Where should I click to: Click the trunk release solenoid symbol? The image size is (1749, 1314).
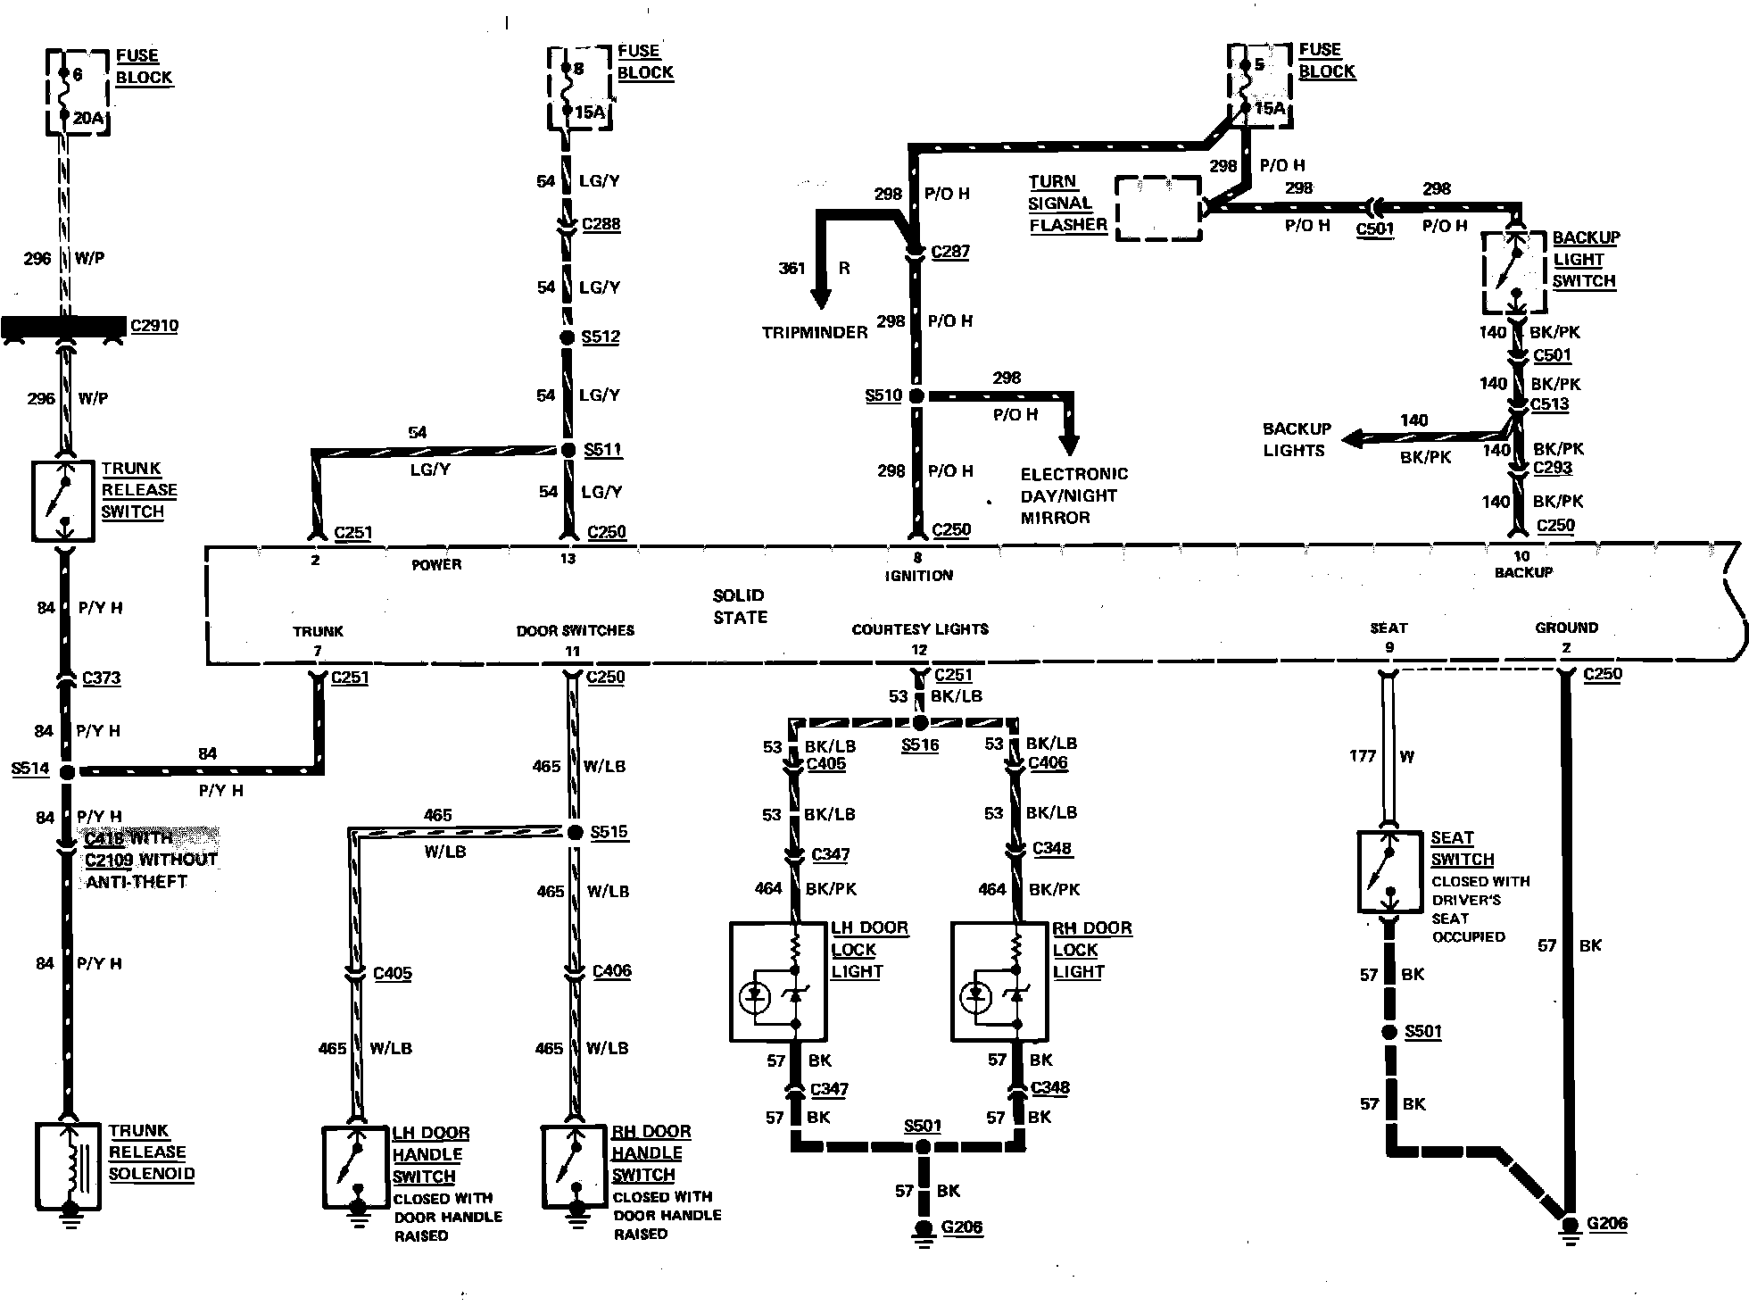click(67, 1166)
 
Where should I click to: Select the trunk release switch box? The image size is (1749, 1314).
click(62, 501)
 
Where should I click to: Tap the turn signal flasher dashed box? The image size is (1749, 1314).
click(1158, 208)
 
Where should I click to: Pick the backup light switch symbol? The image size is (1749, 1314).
click(1513, 273)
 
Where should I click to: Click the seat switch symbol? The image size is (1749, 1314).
click(1388, 872)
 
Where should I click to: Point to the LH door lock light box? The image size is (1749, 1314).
click(778, 982)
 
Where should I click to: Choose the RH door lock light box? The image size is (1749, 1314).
click(999, 982)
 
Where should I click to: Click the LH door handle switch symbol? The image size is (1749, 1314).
click(356, 1168)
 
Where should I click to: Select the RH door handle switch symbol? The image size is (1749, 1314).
click(576, 1167)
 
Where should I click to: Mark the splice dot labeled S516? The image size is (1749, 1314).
click(920, 723)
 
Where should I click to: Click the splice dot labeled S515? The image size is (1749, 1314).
click(576, 832)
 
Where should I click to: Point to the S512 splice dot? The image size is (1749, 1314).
click(568, 337)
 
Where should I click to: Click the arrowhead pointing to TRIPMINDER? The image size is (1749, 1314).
click(819, 298)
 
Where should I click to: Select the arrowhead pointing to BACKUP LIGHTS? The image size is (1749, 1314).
click(1353, 438)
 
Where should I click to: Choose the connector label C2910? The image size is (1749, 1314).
click(153, 326)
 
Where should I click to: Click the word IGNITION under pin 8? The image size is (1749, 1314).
click(918, 576)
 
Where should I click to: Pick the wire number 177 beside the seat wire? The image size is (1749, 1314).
click(1362, 756)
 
